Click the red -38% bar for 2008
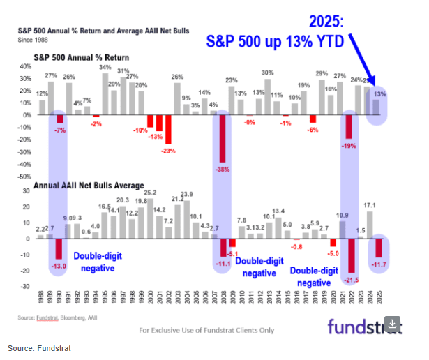(x=223, y=138)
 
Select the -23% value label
(x=167, y=151)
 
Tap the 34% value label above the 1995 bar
(x=105, y=67)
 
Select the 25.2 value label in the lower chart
(x=149, y=192)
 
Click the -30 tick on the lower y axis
(x=27, y=287)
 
